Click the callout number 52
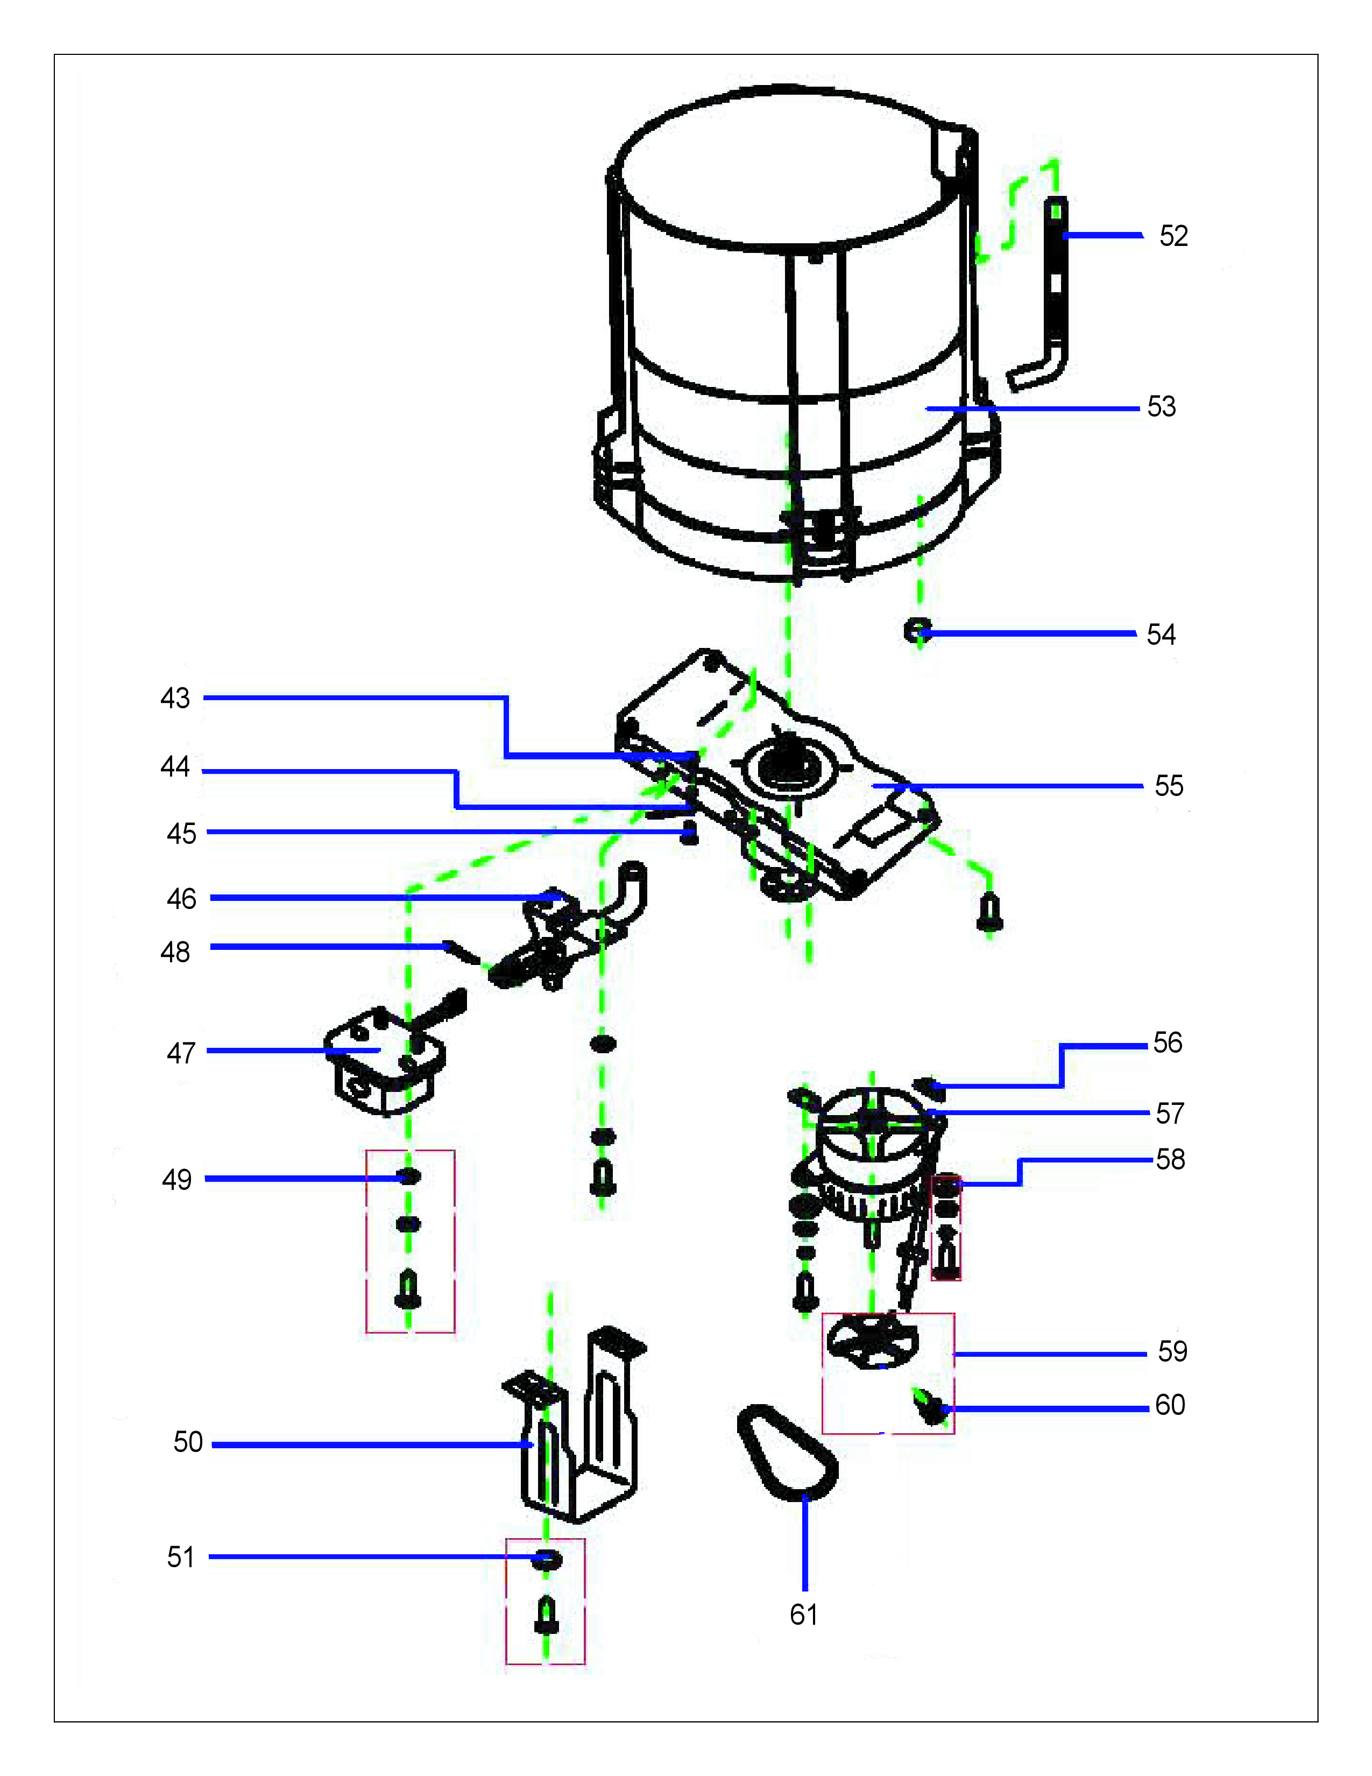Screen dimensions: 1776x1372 (x=1173, y=236)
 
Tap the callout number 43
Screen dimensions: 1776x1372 (x=175, y=697)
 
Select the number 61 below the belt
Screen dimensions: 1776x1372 (x=803, y=1614)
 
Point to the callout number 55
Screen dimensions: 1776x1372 (x=1169, y=786)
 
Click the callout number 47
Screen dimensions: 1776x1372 (x=180, y=1053)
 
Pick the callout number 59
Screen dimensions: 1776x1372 (x=1172, y=1351)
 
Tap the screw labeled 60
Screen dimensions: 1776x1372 (x=930, y=1407)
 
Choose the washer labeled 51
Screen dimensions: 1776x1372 (x=546, y=1559)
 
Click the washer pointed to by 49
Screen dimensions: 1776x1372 (x=409, y=1176)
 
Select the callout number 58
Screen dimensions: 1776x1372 (x=1170, y=1160)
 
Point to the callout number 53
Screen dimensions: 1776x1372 (x=1162, y=406)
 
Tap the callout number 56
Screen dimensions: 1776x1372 (x=1167, y=1042)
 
